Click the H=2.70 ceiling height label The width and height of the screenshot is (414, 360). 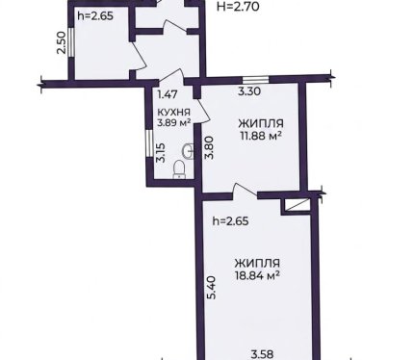coord(238,6)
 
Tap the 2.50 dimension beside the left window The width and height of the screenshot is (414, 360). coord(62,42)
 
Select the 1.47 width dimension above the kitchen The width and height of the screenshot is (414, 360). coord(168,94)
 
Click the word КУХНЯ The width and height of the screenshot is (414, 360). coord(173,113)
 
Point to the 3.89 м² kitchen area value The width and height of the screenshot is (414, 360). coord(173,122)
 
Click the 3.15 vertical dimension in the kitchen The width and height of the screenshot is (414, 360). coord(161,152)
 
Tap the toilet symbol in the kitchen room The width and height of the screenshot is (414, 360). coord(179,169)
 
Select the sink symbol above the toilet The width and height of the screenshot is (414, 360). coord(188,151)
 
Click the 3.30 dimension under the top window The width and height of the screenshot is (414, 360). coord(249,91)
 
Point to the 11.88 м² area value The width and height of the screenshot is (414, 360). coord(261,136)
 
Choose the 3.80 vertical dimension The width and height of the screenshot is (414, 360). coord(210,148)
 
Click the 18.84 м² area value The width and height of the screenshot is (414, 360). coord(257,275)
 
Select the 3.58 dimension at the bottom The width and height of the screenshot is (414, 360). coord(262,355)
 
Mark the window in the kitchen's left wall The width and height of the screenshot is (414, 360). coord(149,143)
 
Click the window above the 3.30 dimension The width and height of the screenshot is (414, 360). coord(255,80)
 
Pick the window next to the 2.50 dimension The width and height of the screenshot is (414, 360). coord(71,42)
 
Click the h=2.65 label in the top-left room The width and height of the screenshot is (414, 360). coord(95,16)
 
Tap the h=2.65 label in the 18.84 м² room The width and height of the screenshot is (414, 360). coord(231,221)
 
